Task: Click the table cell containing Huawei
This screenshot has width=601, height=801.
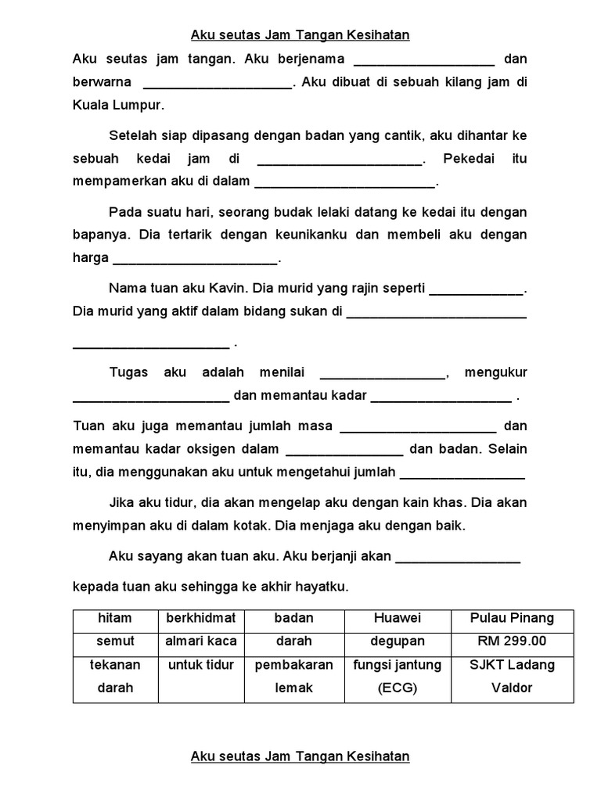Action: [x=398, y=618]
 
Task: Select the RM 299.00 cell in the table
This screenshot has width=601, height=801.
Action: [x=512, y=641]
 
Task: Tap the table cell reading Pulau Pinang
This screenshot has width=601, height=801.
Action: [x=512, y=618]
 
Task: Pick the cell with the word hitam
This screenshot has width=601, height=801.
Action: [x=115, y=618]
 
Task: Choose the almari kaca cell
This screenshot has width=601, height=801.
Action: [x=201, y=641]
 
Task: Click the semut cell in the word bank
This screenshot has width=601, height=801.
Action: [x=115, y=641]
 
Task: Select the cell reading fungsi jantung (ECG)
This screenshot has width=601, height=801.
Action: [x=398, y=676]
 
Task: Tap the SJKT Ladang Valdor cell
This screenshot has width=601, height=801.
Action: [x=512, y=676]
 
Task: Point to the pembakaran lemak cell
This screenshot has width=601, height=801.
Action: [x=293, y=676]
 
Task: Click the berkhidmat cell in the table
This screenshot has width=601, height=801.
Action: [x=201, y=618]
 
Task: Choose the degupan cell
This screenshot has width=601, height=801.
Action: [x=398, y=641]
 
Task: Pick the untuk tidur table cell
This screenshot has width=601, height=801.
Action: [x=201, y=665]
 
